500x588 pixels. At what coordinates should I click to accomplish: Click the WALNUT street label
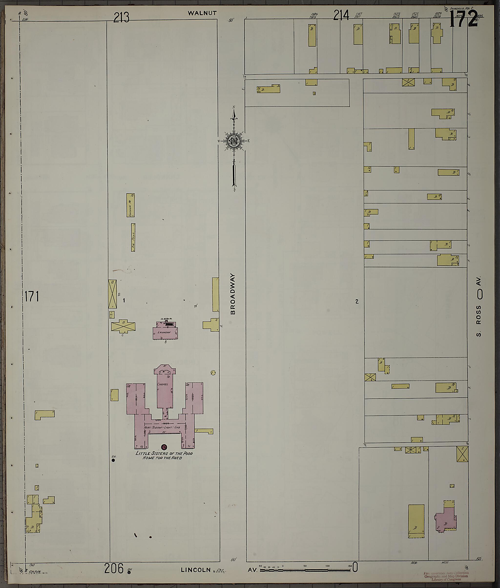click(x=202, y=13)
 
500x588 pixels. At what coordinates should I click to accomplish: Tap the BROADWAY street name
click(x=233, y=294)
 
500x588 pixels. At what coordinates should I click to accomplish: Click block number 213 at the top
click(x=121, y=18)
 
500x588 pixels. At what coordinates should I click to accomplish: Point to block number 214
click(x=341, y=15)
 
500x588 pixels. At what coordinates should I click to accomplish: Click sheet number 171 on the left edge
click(x=31, y=297)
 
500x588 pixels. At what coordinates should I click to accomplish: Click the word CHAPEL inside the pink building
click(x=163, y=384)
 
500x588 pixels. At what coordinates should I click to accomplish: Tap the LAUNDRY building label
click(x=164, y=332)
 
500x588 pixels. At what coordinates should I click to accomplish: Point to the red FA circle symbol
click(x=164, y=447)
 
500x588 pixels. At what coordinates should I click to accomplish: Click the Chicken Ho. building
click(x=130, y=205)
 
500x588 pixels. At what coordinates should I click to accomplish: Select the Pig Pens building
click(x=133, y=237)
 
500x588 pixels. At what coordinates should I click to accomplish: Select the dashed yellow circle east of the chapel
click(x=213, y=373)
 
